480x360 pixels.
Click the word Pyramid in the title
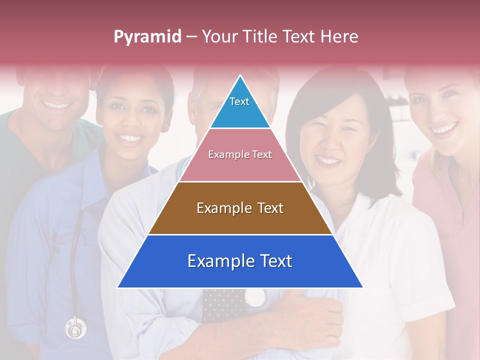[x=147, y=37]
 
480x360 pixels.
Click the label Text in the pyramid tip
[x=239, y=101]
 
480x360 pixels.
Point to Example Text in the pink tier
[x=240, y=154]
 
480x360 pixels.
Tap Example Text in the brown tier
[x=240, y=208]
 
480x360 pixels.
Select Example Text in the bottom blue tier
[x=240, y=261]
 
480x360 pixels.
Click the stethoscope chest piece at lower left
[x=75, y=329]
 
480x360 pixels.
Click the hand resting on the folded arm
[x=315, y=315]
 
